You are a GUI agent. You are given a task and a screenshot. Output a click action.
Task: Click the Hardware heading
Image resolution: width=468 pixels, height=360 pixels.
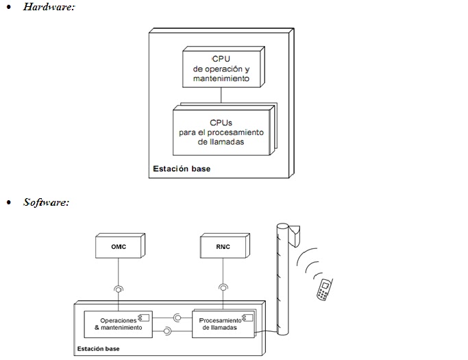pos(49,7)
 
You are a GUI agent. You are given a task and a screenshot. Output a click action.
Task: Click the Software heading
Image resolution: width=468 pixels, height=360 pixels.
pos(47,202)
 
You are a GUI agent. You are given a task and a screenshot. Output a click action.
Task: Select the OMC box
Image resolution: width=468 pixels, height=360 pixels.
pos(121,245)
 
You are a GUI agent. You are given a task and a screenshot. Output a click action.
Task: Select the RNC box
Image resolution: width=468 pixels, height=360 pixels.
pos(225,245)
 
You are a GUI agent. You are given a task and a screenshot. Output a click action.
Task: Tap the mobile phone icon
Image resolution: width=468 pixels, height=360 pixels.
pos(324,289)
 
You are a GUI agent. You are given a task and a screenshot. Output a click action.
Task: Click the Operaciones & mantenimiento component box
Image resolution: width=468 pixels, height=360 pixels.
pos(118,324)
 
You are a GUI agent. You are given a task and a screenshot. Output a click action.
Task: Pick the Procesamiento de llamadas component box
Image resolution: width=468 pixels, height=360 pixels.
pos(223,324)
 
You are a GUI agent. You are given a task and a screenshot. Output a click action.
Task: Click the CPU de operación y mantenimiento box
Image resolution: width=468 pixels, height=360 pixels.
pos(223,67)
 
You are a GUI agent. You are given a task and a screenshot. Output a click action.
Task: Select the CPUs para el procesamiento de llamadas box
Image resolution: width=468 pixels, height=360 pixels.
pos(225,130)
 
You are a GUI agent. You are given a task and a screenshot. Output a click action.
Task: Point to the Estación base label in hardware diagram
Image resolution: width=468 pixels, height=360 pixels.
pos(182,169)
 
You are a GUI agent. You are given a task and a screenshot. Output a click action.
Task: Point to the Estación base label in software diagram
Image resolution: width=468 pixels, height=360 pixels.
pos(98,348)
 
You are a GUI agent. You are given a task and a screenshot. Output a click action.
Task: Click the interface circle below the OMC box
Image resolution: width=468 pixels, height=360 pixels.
pos(119,289)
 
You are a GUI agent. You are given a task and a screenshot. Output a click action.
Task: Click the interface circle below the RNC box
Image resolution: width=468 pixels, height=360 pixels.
pos(223,288)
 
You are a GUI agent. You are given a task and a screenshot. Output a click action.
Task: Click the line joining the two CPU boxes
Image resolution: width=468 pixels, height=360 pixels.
pos(221,95)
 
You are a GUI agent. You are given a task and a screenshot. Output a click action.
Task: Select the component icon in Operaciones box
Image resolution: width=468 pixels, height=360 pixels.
pos(144,317)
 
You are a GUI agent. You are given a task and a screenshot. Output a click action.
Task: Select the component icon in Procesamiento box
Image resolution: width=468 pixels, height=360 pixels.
pos(248,318)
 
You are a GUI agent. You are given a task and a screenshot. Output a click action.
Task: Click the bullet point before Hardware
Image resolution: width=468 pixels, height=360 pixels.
pos(9,7)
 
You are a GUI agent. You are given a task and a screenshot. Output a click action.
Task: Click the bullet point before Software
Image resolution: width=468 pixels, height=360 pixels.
pos(9,202)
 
